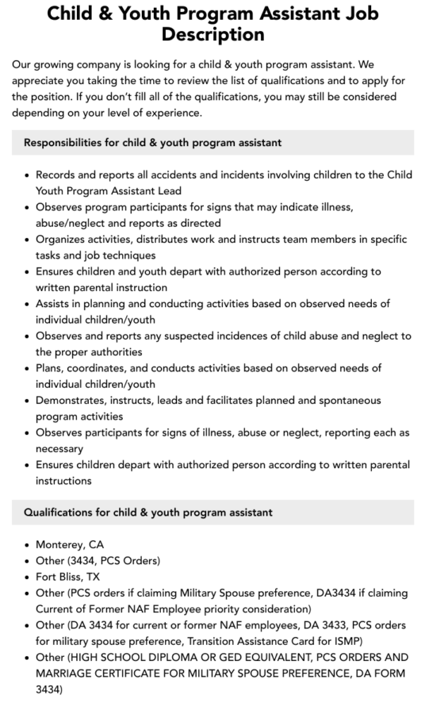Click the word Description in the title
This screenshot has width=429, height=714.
pyautogui.click(x=213, y=35)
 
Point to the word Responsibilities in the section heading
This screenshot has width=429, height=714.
pyautogui.click(x=63, y=143)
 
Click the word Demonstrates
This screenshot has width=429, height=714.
pyautogui.click(x=75, y=401)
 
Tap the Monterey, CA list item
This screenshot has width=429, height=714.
pyautogui.click(x=70, y=545)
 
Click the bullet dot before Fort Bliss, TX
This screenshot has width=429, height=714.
pyautogui.click(x=28, y=577)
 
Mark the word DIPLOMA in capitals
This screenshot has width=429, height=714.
pyautogui.click(x=181, y=658)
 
